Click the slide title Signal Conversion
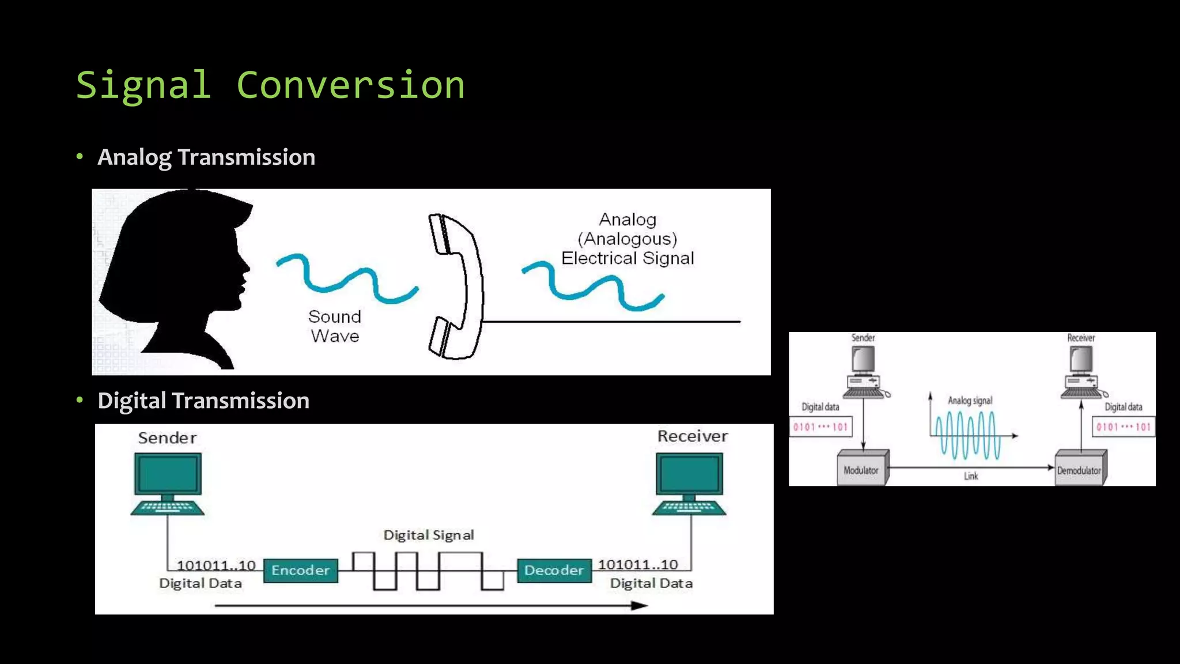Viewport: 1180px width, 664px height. [270, 85]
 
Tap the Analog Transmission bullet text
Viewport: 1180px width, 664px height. [206, 157]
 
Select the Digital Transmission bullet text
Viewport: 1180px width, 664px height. [203, 401]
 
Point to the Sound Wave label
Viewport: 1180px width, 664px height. [335, 326]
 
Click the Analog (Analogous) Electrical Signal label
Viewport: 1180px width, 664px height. [627, 239]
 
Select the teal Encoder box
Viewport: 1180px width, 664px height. [300, 571]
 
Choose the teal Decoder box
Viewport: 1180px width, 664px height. [554, 571]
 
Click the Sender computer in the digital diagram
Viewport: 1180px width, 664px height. [168, 483]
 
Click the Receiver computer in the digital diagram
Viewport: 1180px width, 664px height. [689, 483]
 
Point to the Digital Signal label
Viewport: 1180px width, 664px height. [429, 535]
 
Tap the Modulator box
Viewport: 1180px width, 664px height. [861, 469]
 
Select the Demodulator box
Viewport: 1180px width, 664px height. [1079, 470]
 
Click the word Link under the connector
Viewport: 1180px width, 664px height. [971, 476]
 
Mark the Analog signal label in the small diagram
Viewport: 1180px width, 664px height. [970, 401]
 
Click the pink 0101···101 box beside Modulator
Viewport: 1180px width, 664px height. [820, 427]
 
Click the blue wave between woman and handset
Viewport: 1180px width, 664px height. [347, 278]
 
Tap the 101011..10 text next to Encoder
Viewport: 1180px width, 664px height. [215, 565]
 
